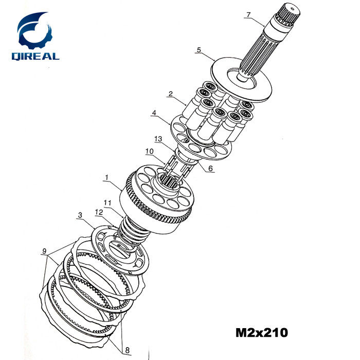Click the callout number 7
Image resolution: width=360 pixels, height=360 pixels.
click(x=248, y=14)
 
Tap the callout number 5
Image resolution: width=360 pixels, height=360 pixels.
click(x=199, y=49)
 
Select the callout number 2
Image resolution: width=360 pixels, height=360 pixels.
click(x=170, y=94)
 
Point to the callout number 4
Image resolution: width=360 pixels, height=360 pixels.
click(x=154, y=113)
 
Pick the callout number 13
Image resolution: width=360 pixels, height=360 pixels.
click(x=158, y=139)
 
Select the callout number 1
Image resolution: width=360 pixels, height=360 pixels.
click(x=106, y=177)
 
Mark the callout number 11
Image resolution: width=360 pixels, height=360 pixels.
click(x=107, y=203)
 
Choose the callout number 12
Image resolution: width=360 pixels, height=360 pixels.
click(x=99, y=212)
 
